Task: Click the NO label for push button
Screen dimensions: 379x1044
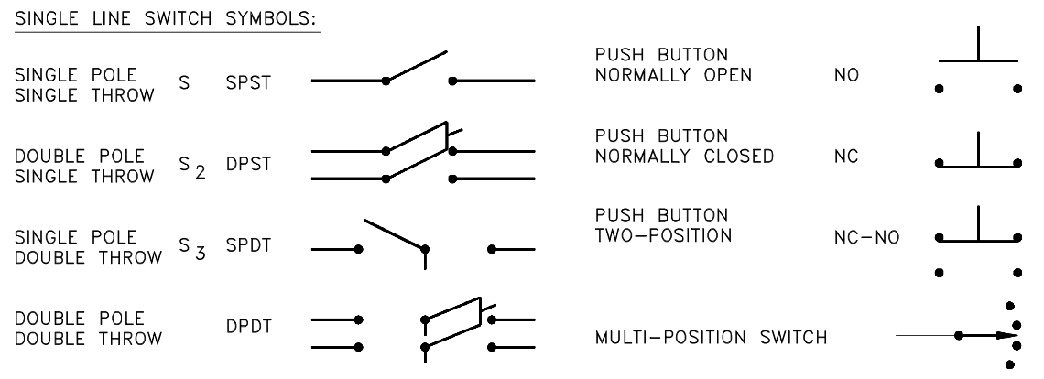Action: point(848,78)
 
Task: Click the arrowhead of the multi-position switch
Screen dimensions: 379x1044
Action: point(1009,336)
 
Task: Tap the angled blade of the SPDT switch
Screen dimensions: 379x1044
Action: point(395,233)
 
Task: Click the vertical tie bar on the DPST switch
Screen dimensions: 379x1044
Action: point(446,137)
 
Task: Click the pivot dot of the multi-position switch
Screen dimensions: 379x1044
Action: point(959,336)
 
